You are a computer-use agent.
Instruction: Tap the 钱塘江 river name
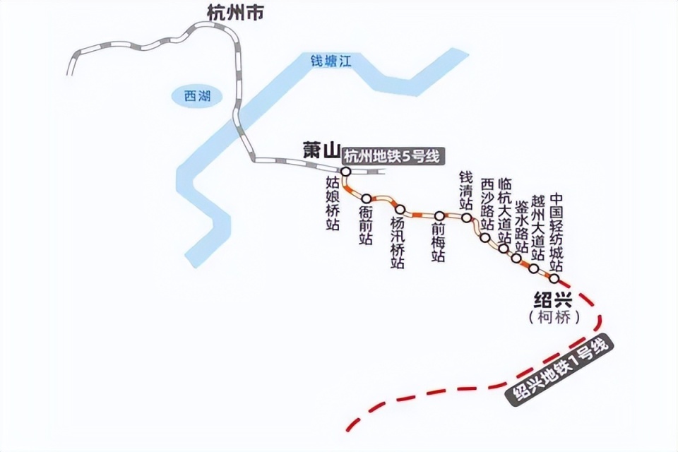tap(331, 61)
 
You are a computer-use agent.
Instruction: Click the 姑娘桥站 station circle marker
tap(346, 172)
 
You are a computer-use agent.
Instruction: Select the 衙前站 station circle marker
tap(366, 198)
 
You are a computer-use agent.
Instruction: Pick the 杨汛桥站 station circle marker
tap(400, 209)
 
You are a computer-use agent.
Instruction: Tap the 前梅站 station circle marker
tap(439, 215)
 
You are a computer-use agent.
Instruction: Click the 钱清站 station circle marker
tap(467, 218)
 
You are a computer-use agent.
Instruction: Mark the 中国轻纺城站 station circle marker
tap(554, 278)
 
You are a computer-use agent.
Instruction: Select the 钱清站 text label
tap(466, 189)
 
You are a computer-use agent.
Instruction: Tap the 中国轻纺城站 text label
tap(557, 232)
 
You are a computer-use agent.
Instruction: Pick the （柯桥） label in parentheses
tap(554, 317)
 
